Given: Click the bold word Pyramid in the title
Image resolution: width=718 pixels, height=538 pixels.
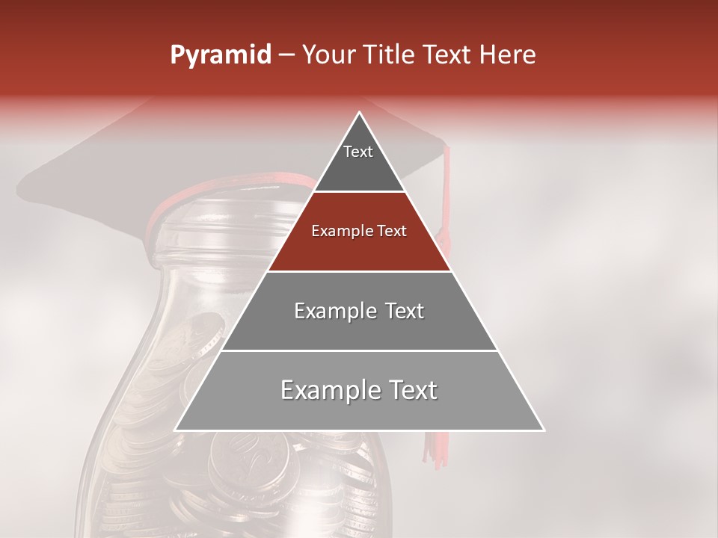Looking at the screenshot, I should (221, 55).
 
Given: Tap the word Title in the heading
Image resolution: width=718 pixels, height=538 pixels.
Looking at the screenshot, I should (390, 55).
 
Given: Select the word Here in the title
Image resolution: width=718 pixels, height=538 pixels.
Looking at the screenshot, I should (509, 55).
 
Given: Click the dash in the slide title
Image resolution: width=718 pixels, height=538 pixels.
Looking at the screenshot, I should (286, 55).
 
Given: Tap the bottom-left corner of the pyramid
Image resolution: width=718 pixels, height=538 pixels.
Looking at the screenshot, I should (177, 430).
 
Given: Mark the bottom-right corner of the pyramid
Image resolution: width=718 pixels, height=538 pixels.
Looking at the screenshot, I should (543, 430).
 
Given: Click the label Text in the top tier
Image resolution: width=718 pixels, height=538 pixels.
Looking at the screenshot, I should (358, 152).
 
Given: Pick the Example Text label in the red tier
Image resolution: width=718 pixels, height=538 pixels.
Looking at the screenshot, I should (359, 231).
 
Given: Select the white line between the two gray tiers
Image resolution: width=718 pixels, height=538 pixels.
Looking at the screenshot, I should (359, 350).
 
